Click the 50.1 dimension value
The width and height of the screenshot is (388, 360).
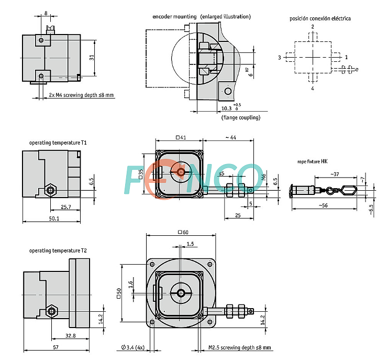[54, 219]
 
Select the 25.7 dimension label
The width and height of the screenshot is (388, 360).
[66, 207]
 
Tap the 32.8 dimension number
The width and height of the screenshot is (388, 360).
[71, 336]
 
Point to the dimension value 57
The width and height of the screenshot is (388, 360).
[56, 347]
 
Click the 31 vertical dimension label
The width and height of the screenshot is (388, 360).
[92, 58]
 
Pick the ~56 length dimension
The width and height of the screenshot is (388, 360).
[323, 205]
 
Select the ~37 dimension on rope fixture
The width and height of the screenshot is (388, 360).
[335, 174]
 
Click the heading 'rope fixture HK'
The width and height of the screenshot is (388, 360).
[312, 162]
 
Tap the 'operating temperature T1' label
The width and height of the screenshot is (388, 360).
[58, 143]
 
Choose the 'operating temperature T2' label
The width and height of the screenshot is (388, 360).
[58, 250]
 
